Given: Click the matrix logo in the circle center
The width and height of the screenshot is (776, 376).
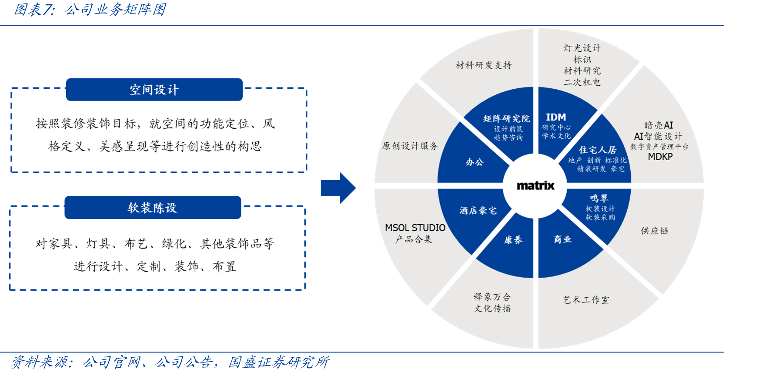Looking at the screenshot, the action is coord(535,186).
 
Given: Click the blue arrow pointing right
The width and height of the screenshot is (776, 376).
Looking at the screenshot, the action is coord(338,188).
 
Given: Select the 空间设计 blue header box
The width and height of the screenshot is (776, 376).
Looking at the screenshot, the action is coord(154,90).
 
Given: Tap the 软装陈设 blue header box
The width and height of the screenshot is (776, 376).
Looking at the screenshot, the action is coord(153,208).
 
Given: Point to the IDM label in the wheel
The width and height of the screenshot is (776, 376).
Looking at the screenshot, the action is coord(556,117).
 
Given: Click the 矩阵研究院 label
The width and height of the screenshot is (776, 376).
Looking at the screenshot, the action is coord(506,118).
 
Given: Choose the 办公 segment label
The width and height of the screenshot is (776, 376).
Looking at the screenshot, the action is coord(475,162).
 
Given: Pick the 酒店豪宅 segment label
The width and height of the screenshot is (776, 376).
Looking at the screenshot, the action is coord(478,211).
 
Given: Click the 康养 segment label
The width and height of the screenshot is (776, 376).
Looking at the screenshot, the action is coord(513,240).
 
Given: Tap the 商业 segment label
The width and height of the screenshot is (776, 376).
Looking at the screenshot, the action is coord(562,239).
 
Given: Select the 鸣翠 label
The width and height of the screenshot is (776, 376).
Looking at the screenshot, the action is coord(599,198).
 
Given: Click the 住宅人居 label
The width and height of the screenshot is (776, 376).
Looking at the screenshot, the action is coord(597,150).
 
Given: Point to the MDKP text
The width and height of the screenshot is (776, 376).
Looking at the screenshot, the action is coord(660,157).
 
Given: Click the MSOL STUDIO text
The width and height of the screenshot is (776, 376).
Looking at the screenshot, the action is coord(415,228).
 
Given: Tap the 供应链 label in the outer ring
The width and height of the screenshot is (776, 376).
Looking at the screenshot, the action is coord(655,231).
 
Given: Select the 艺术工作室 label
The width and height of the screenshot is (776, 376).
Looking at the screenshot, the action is coord(586,300).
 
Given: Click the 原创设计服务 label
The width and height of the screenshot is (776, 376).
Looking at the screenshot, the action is coord(410,146).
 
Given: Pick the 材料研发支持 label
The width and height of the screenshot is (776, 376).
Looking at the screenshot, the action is coord(484,65).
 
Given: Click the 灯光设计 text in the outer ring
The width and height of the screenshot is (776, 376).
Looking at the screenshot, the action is coord(582,48).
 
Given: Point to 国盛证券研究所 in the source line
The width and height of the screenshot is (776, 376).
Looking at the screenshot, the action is coord(279,362).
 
